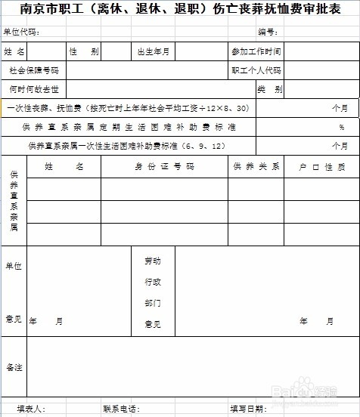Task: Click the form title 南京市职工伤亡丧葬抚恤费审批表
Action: (x=180, y=11)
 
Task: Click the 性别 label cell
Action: (x=84, y=51)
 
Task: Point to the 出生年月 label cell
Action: (x=154, y=51)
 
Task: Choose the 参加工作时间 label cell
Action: (x=256, y=51)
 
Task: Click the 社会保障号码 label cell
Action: (x=34, y=70)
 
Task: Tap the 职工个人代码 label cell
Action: (x=256, y=70)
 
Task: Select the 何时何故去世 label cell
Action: (x=34, y=89)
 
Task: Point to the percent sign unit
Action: (x=342, y=127)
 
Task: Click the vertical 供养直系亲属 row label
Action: (x=14, y=200)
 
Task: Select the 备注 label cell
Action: (x=14, y=367)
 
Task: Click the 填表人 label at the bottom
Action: (x=32, y=409)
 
